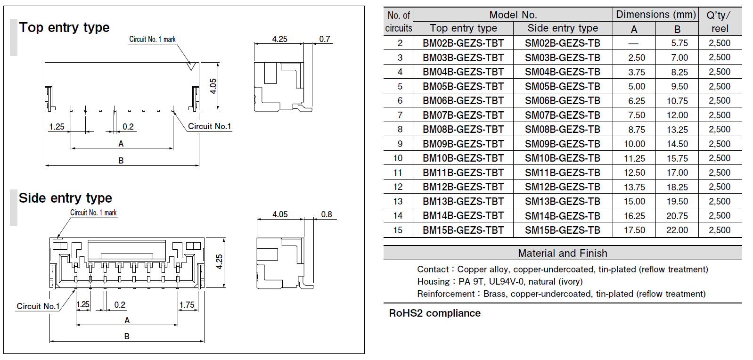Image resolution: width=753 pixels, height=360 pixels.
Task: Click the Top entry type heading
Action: point(64,28)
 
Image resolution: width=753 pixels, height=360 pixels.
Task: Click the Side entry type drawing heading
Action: point(65,198)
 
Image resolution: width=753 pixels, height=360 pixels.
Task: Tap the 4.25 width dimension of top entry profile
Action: point(279,39)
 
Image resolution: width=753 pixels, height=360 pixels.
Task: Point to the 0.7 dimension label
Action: point(325,39)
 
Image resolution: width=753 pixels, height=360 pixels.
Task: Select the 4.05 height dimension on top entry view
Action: point(213,86)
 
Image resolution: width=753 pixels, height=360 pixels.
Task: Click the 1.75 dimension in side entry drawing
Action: point(187,305)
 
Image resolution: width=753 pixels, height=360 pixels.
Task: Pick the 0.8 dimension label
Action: point(327,214)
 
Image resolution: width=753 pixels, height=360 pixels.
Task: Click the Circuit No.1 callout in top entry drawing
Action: point(209,126)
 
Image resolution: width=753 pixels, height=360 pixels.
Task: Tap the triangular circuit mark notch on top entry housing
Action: point(191,66)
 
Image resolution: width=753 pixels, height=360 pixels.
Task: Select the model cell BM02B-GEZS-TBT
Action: point(463,43)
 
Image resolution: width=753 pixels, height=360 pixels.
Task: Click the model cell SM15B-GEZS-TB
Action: point(563,230)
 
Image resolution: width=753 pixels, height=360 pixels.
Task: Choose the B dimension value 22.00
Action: point(677,230)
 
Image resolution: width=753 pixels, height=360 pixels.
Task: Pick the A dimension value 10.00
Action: point(634,144)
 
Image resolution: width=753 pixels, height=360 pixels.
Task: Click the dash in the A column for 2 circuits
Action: point(633,43)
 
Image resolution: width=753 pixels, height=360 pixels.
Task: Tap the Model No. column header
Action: point(513,15)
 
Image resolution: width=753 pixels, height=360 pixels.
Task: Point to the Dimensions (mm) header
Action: point(656,15)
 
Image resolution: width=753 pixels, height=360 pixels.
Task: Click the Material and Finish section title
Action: point(563,254)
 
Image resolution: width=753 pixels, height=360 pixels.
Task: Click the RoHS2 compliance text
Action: point(434,313)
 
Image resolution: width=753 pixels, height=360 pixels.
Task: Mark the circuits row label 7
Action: point(400,115)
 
